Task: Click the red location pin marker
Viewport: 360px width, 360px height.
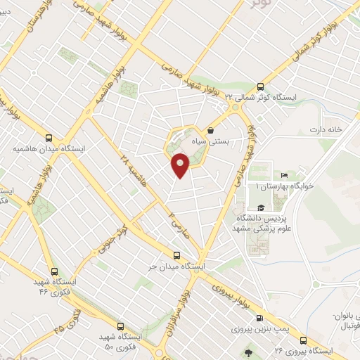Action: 181,165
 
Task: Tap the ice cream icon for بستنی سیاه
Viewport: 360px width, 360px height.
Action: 211,130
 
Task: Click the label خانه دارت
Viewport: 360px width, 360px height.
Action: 328,130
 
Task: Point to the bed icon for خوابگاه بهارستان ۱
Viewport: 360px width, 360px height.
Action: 284,175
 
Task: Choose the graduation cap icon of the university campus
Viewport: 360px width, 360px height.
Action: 261,207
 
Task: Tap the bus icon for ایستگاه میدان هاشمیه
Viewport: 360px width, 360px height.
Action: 49,138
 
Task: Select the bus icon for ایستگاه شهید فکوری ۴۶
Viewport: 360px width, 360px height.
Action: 56,271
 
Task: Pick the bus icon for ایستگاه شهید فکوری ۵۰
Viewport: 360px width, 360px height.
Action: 120,326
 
